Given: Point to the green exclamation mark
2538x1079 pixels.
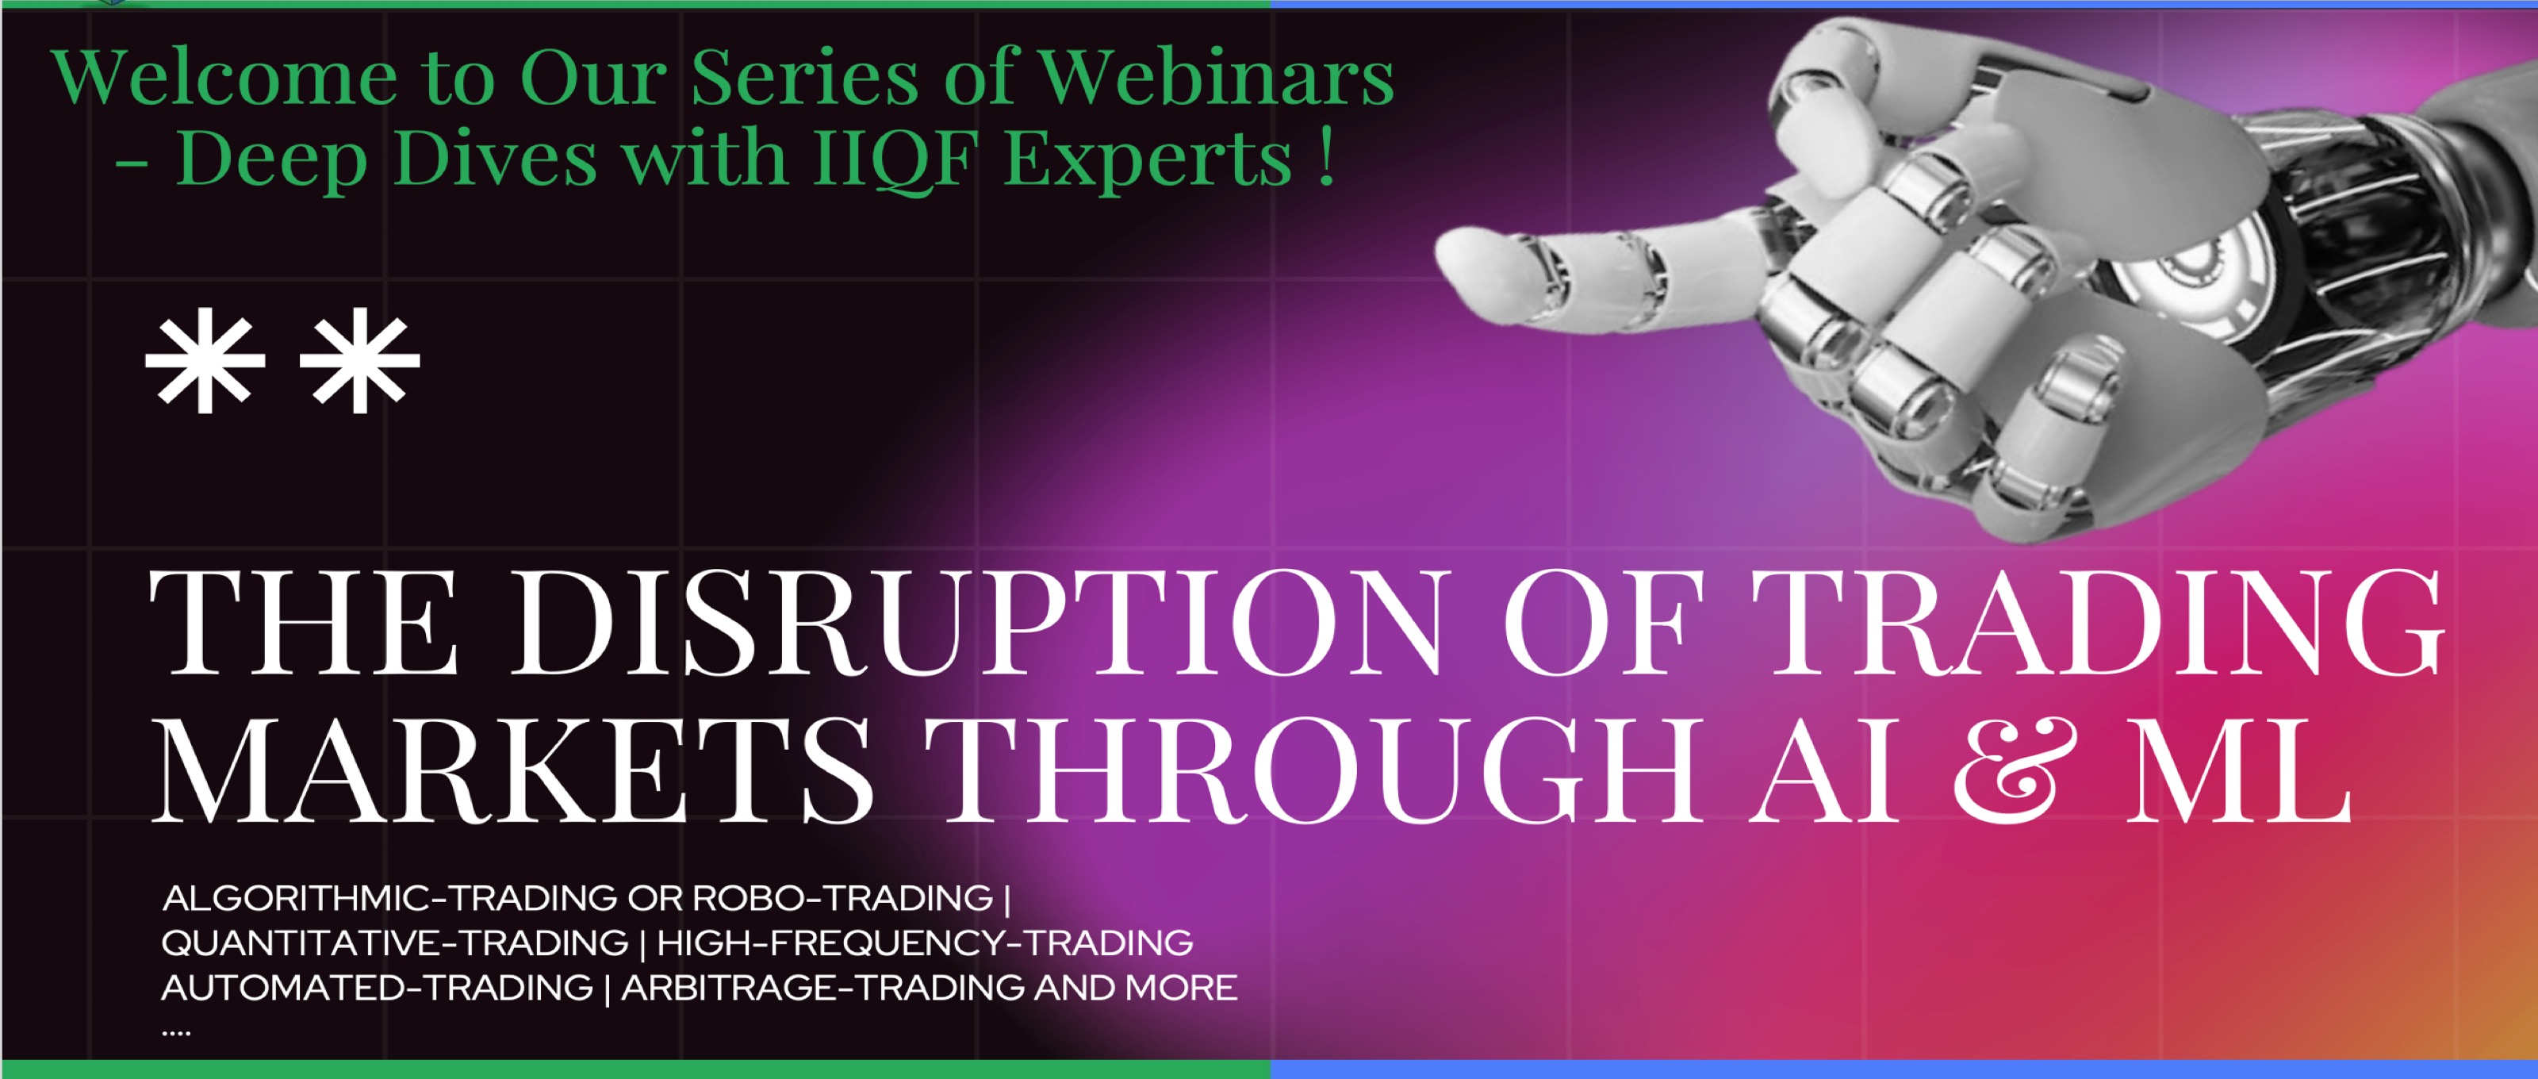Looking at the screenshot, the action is click(x=1326, y=156).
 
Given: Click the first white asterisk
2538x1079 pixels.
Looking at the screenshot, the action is click(x=205, y=361).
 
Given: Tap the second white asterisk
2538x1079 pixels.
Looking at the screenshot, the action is click(x=359, y=361).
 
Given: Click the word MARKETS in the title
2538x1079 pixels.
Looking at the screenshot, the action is click(x=512, y=770).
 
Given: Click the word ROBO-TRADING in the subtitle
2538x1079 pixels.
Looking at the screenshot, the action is click(x=842, y=897).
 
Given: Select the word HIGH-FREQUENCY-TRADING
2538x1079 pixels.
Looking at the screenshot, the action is click(x=925, y=943).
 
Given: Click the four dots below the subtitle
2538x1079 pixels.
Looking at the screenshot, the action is click(x=175, y=1033).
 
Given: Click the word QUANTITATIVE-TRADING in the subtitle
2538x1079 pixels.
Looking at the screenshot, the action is click(x=395, y=943).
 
